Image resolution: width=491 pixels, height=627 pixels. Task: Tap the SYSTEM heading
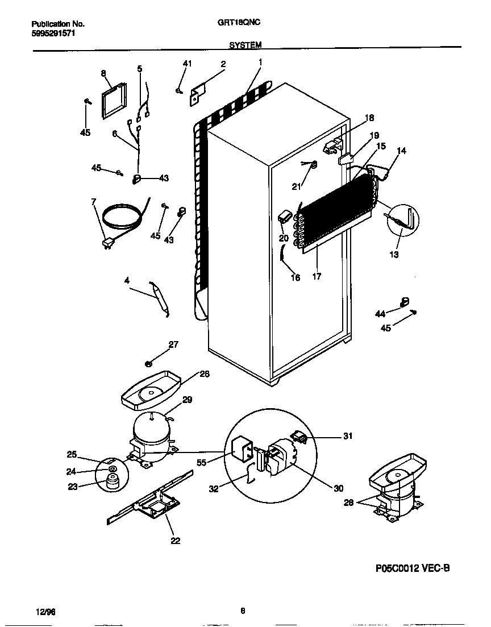click(x=246, y=44)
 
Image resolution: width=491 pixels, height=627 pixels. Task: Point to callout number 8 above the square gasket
click(x=103, y=73)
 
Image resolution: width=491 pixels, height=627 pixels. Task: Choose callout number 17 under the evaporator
click(x=317, y=277)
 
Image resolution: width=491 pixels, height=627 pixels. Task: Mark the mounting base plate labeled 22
click(x=153, y=504)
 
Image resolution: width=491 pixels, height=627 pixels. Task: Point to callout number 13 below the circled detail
click(x=394, y=254)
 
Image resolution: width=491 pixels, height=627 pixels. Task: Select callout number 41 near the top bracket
click(x=187, y=64)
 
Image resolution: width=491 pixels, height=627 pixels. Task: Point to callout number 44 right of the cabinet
click(x=380, y=313)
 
